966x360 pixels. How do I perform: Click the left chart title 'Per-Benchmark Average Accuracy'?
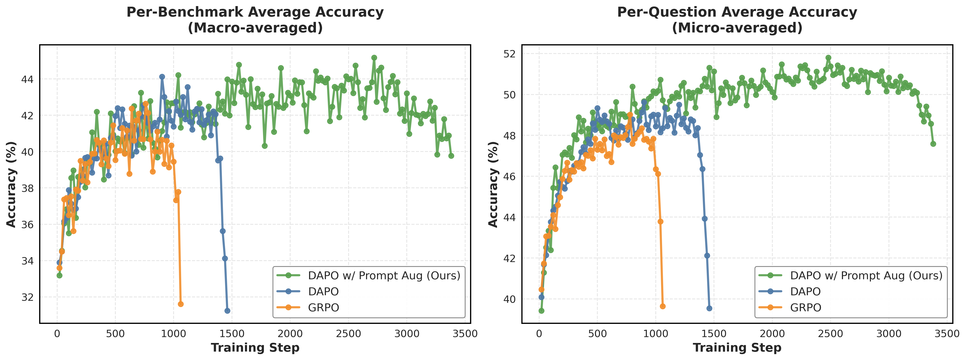pos(255,12)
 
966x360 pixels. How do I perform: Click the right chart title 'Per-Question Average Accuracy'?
pos(737,12)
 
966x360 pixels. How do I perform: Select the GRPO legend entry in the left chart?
pos(323,307)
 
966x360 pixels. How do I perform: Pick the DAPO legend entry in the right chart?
pos(805,291)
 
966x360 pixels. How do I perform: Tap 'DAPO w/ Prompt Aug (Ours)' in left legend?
pos(384,276)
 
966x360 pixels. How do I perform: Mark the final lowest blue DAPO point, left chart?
pos(227,311)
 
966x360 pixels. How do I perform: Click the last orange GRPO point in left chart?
pos(180,304)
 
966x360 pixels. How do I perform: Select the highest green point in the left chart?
pos(374,58)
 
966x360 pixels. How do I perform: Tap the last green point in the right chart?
pos(933,144)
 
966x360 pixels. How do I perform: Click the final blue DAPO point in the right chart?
pos(709,308)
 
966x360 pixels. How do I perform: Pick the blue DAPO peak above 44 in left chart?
pos(162,76)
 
